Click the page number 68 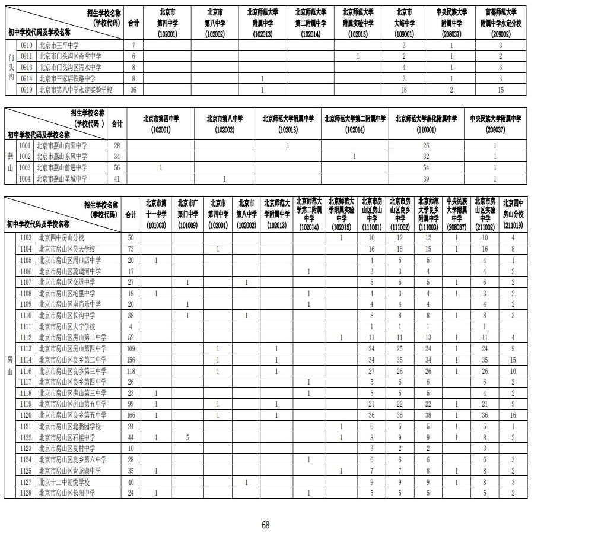265,525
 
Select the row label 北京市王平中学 59,45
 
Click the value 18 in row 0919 403,90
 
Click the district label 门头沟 11,68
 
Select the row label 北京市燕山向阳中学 62,145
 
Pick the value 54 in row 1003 425,168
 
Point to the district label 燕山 10,162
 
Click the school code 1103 26,237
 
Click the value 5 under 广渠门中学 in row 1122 187,437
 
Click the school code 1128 26,493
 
